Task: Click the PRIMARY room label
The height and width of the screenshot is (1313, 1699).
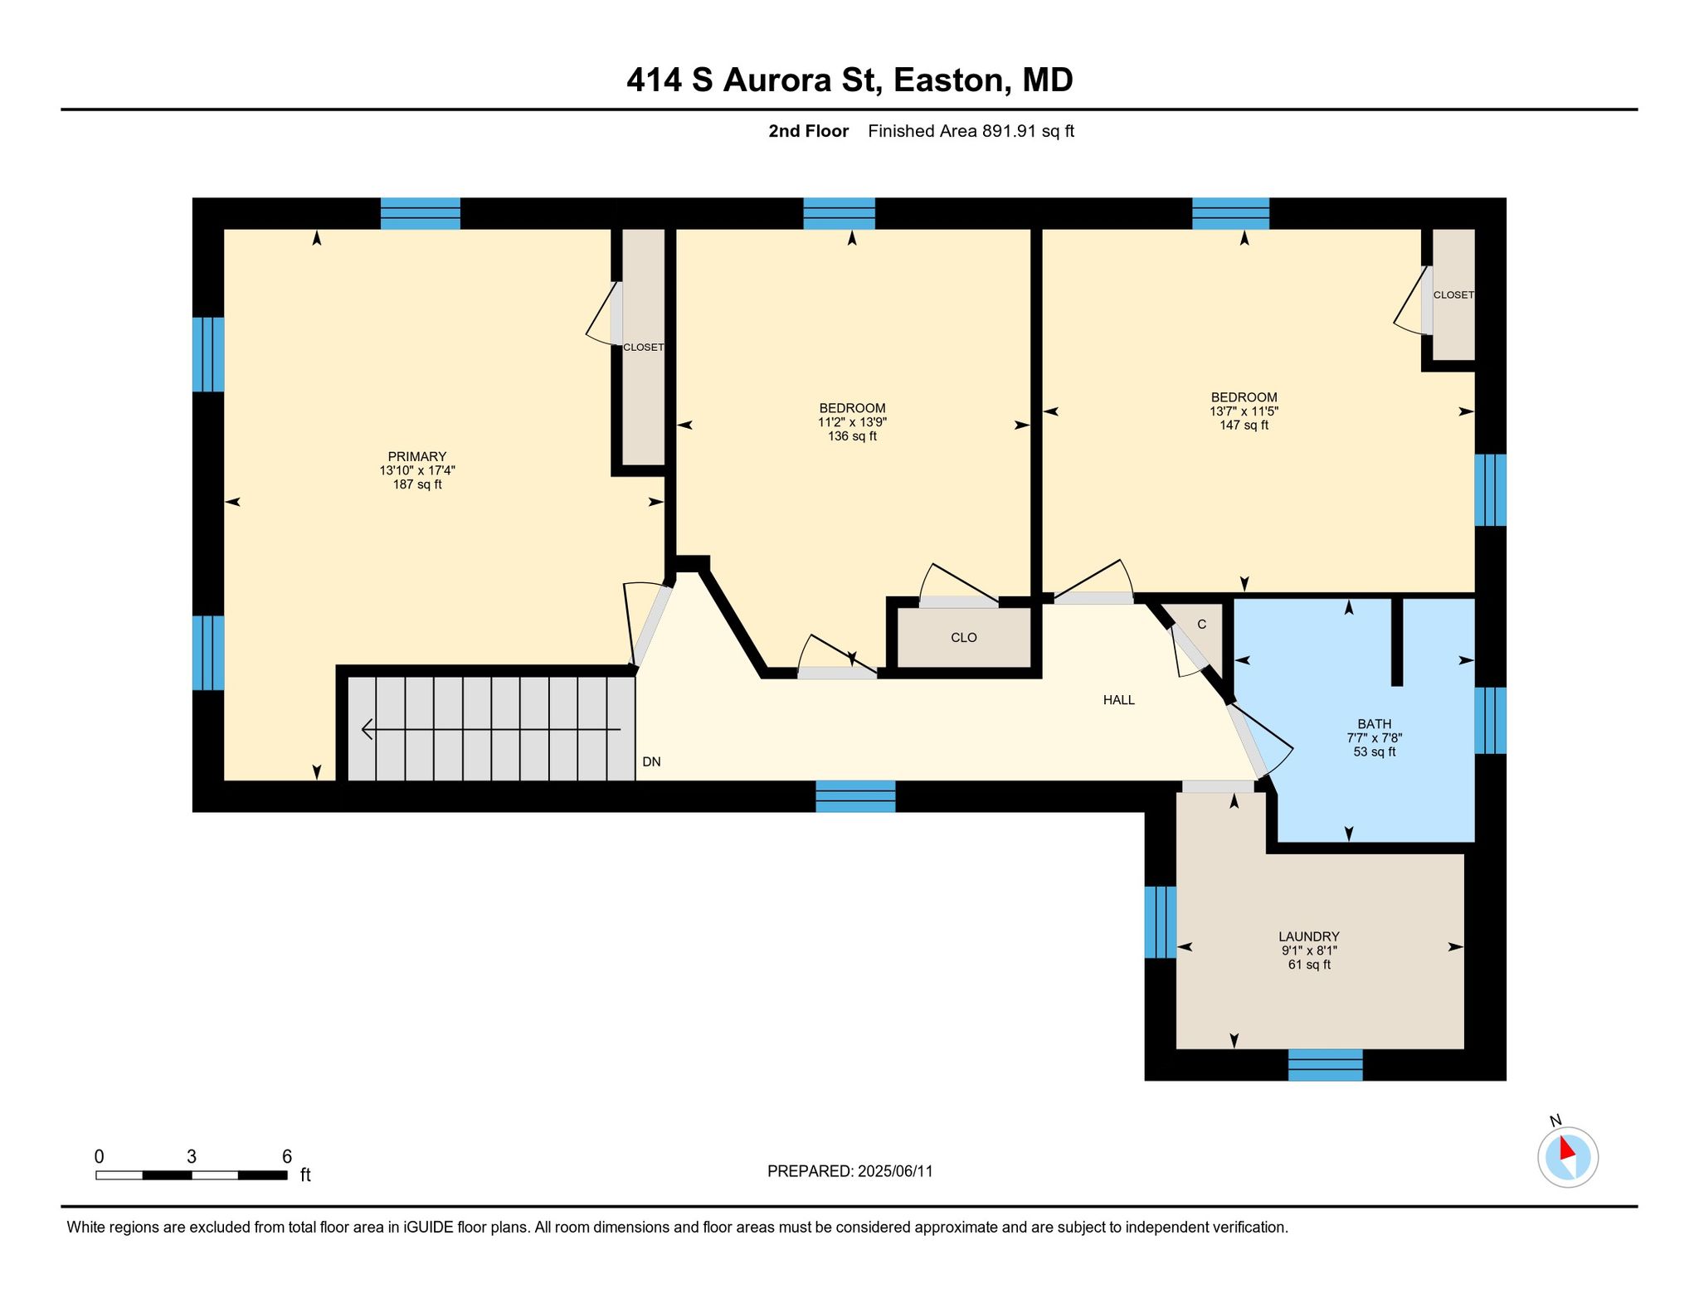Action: click(416, 456)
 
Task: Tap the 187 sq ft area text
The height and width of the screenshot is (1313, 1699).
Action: click(416, 484)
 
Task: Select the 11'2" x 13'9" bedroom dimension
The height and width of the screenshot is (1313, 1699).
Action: click(852, 422)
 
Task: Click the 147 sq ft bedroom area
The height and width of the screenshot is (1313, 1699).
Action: click(1244, 426)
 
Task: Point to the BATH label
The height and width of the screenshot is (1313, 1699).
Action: click(1374, 724)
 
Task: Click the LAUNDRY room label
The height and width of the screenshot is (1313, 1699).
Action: click(1309, 936)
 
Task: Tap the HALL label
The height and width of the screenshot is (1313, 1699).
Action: click(1118, 700)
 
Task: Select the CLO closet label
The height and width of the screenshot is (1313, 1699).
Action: click(963, 638)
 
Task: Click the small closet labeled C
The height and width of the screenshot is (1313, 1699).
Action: click(1201, 625)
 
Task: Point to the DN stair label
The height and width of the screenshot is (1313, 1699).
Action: click(651, 761)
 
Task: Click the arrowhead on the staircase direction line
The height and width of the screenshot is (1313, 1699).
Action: click(367, 730)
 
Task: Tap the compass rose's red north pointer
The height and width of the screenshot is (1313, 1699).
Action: click(1565, 1148)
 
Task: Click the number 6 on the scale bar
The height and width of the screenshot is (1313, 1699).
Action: click(287, 1157)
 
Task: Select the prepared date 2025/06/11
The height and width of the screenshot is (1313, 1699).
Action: click(895, 1171)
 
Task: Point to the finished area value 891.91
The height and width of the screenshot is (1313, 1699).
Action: click(1010, 131)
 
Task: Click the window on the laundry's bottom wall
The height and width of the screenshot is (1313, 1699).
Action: click(1325, 1065)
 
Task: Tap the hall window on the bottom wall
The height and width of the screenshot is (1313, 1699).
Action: click(855, 796)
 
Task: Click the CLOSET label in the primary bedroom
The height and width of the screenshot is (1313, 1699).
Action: click(643, 348)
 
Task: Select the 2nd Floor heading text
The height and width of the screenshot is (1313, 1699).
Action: click(808, 131)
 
